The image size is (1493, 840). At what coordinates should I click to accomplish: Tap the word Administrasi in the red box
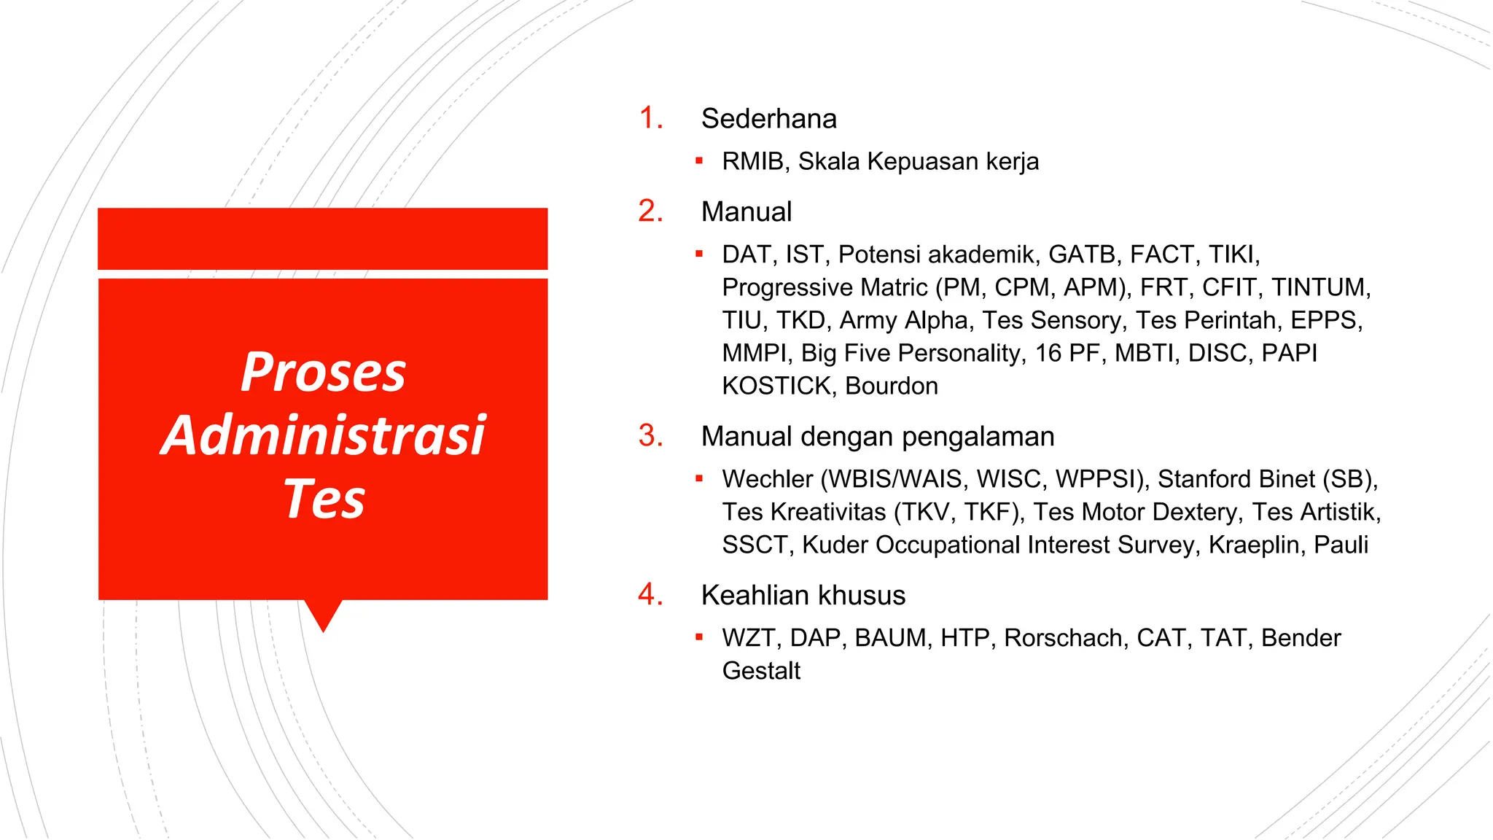coord(323,435)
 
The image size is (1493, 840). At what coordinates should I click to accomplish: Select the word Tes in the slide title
coord(324,499)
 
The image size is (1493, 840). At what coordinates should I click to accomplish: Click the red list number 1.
coord(650,118)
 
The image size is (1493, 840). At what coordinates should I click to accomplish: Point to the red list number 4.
coord(650,595)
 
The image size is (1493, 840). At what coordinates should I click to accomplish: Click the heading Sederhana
coord(768,119)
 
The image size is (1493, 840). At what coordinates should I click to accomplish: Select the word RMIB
coord(755,162)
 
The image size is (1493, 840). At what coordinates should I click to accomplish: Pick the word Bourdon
coord(892,386)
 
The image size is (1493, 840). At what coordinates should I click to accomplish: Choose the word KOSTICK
coord(776,386)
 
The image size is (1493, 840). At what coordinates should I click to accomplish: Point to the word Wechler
coord(767,479)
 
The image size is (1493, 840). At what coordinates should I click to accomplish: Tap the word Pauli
coord(1341,545)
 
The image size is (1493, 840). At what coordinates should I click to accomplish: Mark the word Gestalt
coord(761,671)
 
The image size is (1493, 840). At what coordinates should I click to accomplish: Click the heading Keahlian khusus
coord(803,596)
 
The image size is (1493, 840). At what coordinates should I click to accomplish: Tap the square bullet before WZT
coord(699,637)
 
